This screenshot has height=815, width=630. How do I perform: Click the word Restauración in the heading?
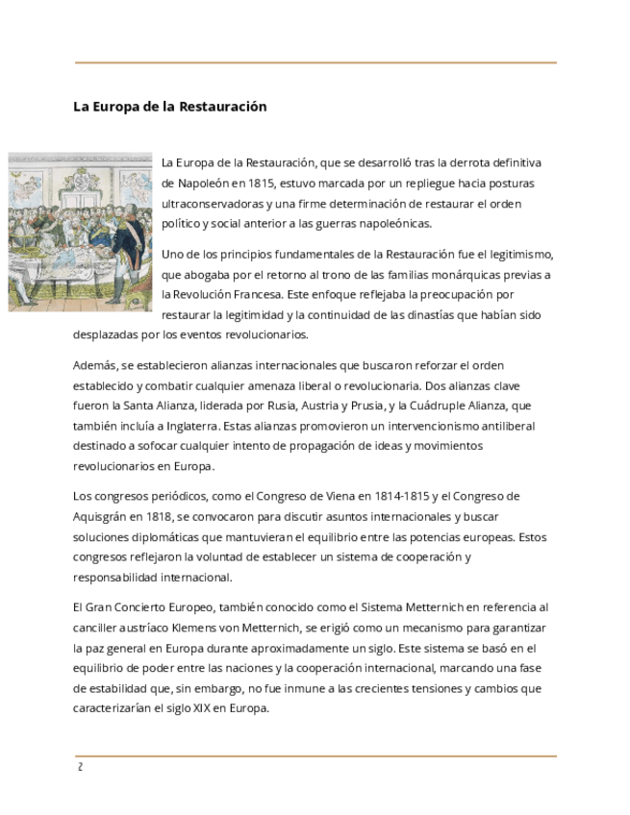[x=228, y=107]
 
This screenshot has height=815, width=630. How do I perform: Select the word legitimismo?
[x=518, y=255]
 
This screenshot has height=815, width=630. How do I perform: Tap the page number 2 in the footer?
[x=80, y=767]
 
